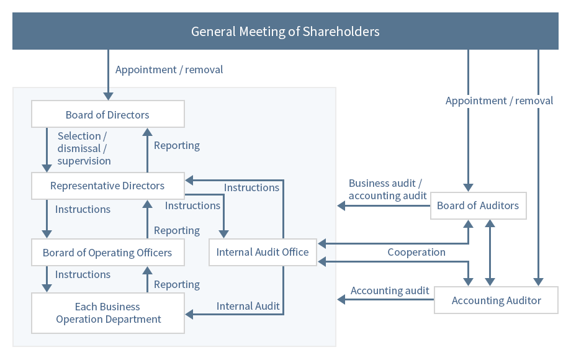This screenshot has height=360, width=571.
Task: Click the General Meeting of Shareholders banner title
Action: click(285, 32)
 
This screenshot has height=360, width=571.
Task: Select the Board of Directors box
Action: click(108, 114)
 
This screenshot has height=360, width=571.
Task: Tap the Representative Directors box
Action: click(108, 186)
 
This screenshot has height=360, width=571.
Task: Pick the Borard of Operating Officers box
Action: click(108, 252)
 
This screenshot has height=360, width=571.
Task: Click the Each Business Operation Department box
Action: click(108, 313)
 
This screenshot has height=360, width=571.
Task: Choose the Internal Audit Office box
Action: click(263, 252)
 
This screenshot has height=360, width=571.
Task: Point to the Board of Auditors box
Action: click(478, 205)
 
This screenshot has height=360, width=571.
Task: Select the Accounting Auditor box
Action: click(496, 300)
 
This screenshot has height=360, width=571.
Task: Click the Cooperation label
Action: click(416, 252)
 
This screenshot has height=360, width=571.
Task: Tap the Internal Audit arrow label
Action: click(248, 306)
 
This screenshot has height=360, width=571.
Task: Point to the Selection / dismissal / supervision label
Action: click(84, 148)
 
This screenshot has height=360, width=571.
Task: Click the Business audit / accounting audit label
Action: click(387, 189)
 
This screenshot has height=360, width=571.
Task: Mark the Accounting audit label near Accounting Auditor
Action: click(390, 290)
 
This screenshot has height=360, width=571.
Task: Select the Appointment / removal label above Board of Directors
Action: click(169, 70)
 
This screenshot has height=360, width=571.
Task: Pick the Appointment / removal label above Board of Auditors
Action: click(499, 101)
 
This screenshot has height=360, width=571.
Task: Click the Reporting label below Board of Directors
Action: click(177, 146)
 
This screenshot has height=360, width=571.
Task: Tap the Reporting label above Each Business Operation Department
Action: click(177, 285)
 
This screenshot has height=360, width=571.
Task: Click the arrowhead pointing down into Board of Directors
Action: click(108, 96)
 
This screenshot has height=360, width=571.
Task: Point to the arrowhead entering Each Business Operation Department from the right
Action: click(189, 314)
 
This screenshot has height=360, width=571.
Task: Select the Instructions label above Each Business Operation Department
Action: click(83, 274)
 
